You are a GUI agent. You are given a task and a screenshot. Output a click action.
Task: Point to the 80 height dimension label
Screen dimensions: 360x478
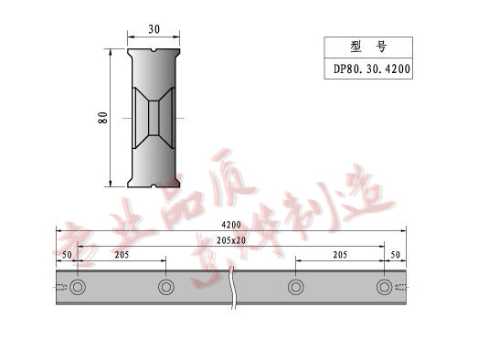pos(104,117)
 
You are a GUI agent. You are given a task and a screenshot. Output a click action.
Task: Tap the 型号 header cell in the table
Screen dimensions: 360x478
pos(367,48)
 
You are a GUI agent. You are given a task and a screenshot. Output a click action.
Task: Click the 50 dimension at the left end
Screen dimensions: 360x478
pos(67,254)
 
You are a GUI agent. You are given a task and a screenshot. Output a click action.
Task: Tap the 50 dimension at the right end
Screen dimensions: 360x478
pos(395,254)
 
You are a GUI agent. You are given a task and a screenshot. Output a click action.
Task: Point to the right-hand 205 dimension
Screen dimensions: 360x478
pos(339,254)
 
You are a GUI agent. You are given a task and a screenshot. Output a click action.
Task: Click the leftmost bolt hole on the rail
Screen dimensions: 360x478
pos(78,288)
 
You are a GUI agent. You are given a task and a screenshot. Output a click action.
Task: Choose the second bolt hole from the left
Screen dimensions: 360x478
pos(165,288)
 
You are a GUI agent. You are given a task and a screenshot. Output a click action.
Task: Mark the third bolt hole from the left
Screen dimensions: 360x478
pos(295,288)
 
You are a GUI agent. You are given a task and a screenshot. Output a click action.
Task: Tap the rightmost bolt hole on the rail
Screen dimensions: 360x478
pos(384,288)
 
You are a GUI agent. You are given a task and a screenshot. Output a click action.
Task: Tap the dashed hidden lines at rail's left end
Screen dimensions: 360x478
pos(61,288)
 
